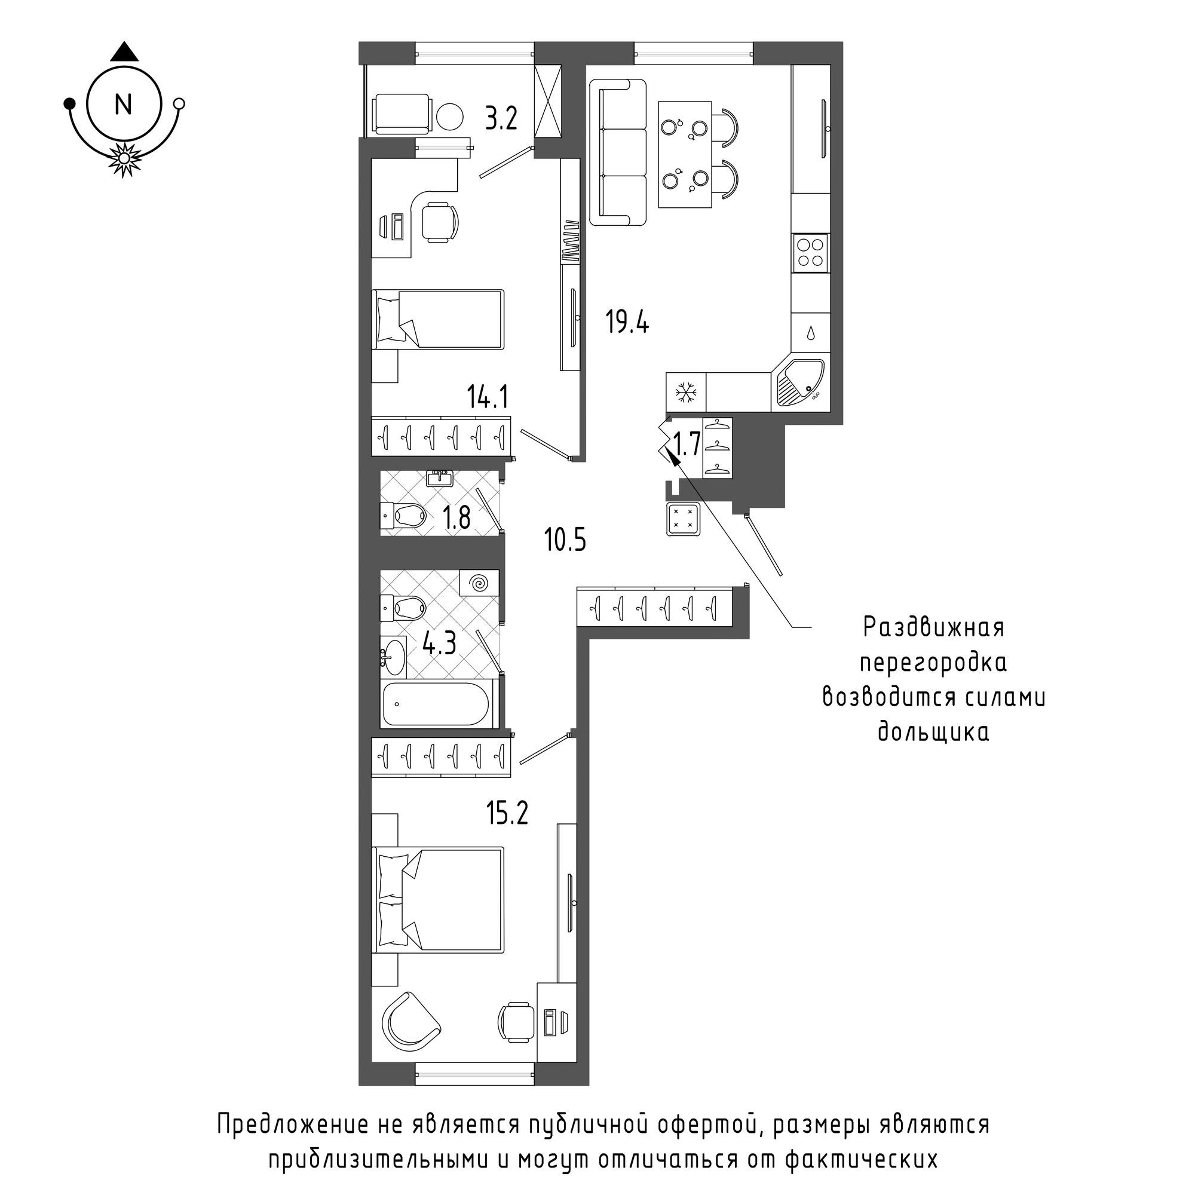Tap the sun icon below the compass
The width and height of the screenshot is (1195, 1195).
pyautogui.click(x=124, y=159)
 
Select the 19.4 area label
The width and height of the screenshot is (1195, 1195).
pyautogui.click(x=627, y=322)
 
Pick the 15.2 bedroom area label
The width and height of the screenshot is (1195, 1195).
pyautogui.click(x=507, y=813)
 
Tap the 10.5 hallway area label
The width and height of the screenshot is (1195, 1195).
pyautogui.click(x=565, y=540)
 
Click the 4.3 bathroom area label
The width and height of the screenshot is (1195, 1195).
pyautogui.click(x=439, y=644)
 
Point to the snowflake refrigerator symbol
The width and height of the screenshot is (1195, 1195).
pyautogui.click(x=685, y=392)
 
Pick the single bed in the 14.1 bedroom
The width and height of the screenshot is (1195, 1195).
pyautogui.click(x=439, y=318)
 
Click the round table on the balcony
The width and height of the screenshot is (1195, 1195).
pyautogui.click(x=450, y=115)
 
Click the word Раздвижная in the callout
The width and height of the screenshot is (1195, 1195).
pyautogui.click(x=933, y=628)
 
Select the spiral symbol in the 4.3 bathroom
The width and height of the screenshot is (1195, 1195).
pyautogui.click(x=479, y=582)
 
